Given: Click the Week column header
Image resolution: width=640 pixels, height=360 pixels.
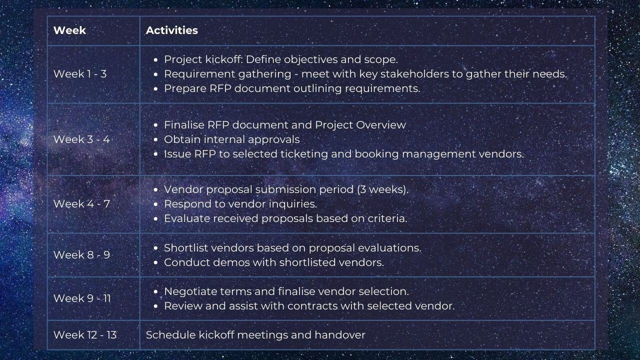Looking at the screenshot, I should tap(69, 30).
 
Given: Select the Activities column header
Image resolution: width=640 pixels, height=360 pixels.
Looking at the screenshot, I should tap(171, 30).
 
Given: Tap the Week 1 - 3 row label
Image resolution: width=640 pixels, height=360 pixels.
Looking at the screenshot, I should tap(80, 74).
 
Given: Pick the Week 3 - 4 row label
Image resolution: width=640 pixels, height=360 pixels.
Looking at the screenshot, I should tap(81, 139).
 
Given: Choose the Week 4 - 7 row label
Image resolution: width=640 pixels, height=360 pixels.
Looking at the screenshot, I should tap(81, 204).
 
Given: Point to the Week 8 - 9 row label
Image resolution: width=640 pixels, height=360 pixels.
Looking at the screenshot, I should tap(81, 255).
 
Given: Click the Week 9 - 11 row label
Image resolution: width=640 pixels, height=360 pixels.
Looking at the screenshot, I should tap(82, 298).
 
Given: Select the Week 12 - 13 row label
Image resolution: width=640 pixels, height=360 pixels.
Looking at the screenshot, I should tap(85, 335).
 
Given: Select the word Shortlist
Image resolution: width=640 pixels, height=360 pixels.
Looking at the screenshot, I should tap(185, 248).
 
